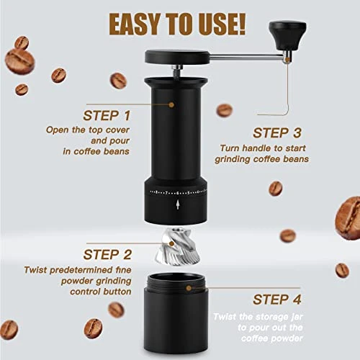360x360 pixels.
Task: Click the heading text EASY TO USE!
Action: point(177,24)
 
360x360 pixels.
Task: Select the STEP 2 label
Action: point(107,254)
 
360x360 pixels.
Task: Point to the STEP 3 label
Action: point(277,132)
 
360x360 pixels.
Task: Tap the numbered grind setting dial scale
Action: point(178,193)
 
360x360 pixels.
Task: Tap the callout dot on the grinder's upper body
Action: point(171,104)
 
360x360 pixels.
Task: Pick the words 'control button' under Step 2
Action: point(100,293)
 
